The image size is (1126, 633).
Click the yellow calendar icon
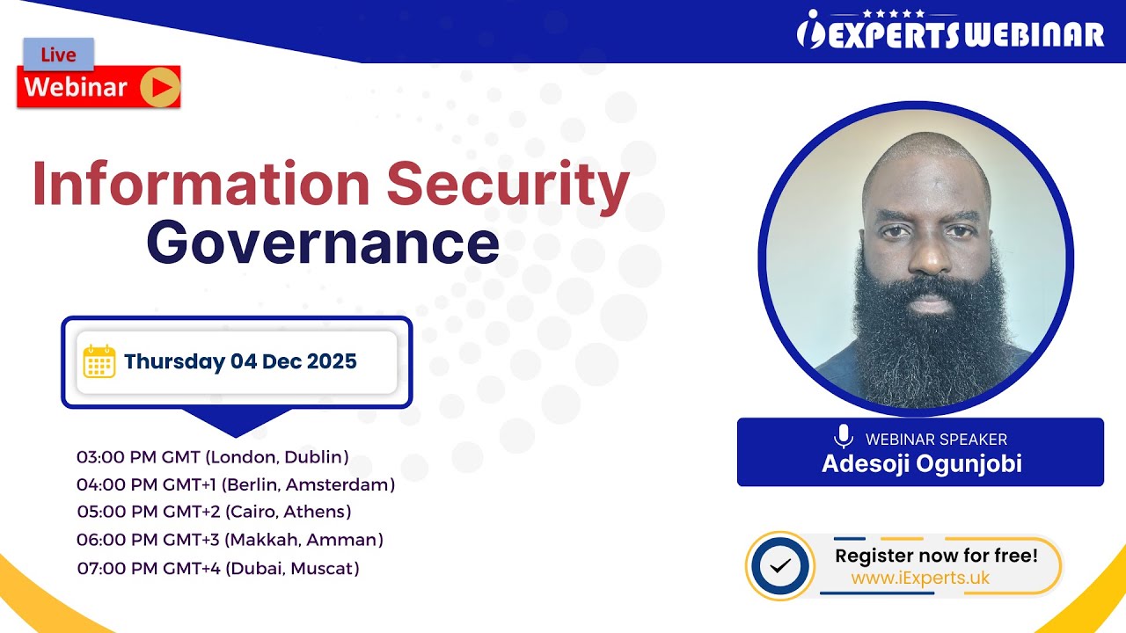tap(99, 361)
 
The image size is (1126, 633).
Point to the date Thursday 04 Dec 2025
tap(240, 361)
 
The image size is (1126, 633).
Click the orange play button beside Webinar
tap(160, 87)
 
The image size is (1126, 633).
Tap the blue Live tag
tap(58, 55)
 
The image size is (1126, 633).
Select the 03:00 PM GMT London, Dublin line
tap(213, 457)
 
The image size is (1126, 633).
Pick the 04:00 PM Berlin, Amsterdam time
tap(236, 484)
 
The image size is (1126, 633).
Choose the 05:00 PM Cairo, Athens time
tap(214, 512)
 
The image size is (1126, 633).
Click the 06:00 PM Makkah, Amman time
tap(230, 540)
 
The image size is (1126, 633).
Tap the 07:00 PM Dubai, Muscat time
tap(218, 568)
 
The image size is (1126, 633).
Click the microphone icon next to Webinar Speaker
tap(844, 437)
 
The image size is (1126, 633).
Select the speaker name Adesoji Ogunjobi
tap(921, 463)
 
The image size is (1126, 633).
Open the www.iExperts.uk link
tap(920, 578)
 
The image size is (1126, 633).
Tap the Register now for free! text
tap(936, 556)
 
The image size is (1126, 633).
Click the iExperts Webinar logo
tap(950, 33)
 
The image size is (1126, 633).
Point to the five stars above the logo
tap(894, 13)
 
